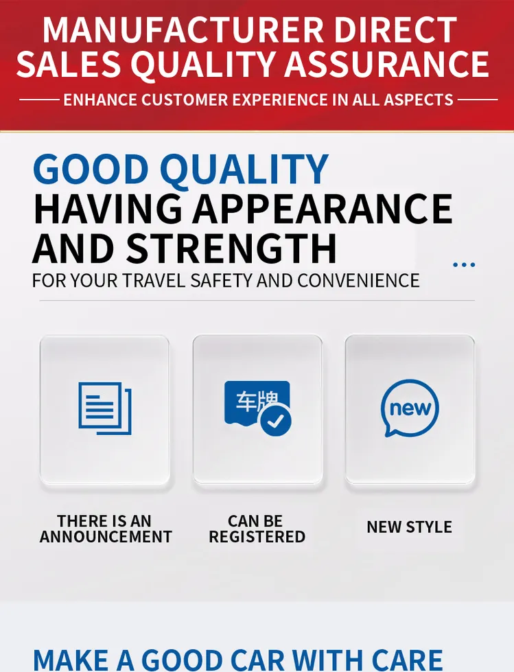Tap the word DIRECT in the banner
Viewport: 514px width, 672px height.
(395, 30)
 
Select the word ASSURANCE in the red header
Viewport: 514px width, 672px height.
(386, 65)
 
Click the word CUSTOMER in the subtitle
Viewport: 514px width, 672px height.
(185, 100)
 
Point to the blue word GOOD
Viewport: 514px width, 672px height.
(91, 169)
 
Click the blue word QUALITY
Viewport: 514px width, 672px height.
(244, 170)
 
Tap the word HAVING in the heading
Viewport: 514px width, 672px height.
(108, 209)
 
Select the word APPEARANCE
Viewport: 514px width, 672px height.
(322, 209)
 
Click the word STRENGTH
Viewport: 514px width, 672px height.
(231, 248)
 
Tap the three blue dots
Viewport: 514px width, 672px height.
(464, 265)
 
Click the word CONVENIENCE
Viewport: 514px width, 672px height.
(358, 281)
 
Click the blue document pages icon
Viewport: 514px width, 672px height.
(104, 408)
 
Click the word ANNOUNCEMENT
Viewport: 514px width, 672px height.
(106, 537)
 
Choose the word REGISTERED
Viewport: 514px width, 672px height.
(257, 537)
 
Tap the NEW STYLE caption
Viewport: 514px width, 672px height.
(410, 527)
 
